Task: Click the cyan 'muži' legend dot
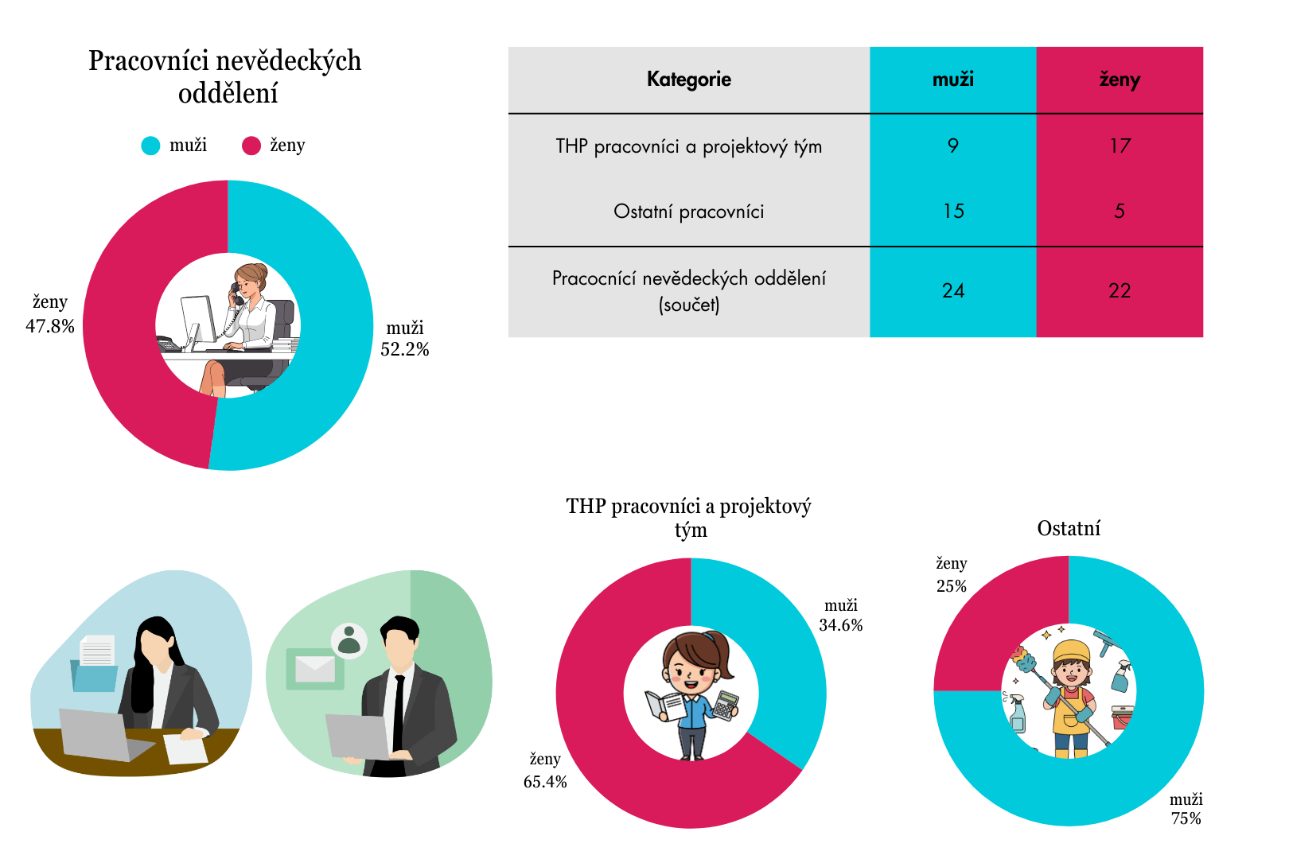150,146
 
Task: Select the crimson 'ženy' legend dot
251,146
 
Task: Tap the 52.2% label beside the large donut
405,350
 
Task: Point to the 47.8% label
50,326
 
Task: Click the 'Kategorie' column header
688,80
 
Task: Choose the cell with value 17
1120,146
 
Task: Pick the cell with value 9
953,146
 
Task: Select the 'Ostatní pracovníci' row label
688,212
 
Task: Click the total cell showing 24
953,291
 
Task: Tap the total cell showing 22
1120,291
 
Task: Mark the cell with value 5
1120,212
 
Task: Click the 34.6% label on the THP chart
841,625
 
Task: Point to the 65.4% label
545,782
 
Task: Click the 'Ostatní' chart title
1069,529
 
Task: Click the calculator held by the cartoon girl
726,705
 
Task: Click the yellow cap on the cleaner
1071,651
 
